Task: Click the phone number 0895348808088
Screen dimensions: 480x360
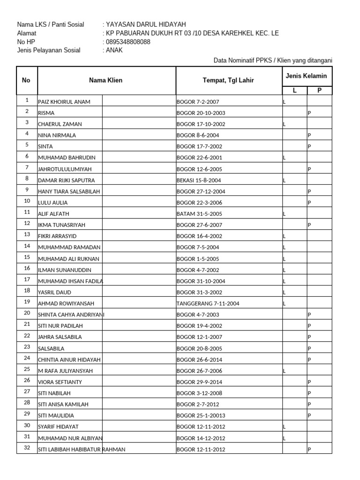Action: [x=128, y=42]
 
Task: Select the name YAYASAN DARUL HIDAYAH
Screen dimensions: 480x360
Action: [x=146, y=25]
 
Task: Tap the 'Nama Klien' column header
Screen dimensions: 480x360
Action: [x=106, y=80]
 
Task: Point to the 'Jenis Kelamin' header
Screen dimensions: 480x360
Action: [x=307, y=75]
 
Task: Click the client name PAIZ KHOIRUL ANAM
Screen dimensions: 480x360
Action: [x=64, y=102]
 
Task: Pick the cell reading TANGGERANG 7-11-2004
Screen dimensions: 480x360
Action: [x=208, y=303]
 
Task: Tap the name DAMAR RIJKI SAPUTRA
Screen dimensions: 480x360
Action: [x=66, y=180]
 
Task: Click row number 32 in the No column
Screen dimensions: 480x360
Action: [x=27, y=448]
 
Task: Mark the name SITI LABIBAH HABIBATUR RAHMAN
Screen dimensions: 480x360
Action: [x=82, y=450]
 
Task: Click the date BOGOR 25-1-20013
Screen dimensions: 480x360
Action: [x=202, y=416]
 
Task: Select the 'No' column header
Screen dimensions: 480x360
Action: [x=26, y=80]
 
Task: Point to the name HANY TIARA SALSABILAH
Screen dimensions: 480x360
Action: [x=69, y=191]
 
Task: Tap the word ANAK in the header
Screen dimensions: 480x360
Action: [x=114, y=50]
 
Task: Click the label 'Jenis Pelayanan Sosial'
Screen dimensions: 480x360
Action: [x=49, y=50]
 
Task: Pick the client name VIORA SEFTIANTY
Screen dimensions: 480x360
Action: [x=60, y=382]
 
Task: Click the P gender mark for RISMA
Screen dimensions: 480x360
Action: [x=309, y=113]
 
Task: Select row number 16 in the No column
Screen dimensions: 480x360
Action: [x=27, y=268]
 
